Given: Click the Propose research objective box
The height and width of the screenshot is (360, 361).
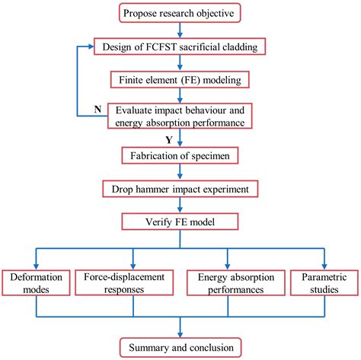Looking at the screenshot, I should click(x=180, y=13).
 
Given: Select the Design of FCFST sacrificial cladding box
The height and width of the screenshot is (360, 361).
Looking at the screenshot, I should click(x=180, y=46).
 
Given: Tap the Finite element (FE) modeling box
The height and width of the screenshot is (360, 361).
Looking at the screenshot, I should click(x=180, y=78).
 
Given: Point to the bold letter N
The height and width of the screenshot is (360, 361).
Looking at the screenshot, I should click(x=97, y=110).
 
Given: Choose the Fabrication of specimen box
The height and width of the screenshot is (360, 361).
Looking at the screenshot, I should click(x=180, y=155).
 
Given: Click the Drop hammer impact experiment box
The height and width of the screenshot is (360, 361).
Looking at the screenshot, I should click(x=180, y=188).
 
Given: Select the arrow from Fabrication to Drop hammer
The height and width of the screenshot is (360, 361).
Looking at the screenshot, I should click(x=180, y=172).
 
